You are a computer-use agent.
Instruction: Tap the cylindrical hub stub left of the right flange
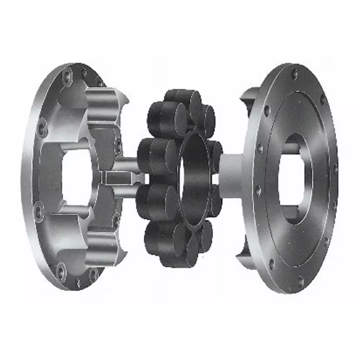pos(232,173)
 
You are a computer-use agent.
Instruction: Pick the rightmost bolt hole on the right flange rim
pos(335,169)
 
